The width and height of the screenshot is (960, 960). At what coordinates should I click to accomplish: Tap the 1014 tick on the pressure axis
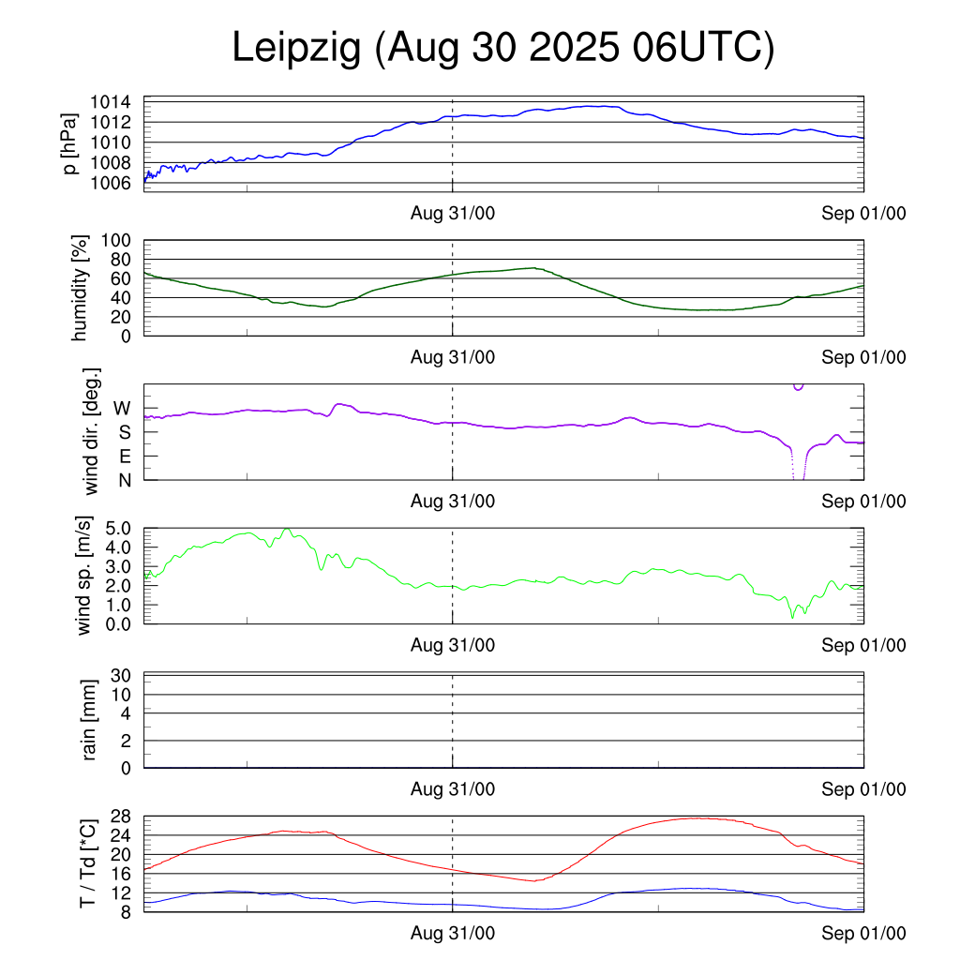point(115,102)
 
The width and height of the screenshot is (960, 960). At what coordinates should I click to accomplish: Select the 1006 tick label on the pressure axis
point(115,182)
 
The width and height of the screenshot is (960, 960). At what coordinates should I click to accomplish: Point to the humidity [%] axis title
point(82,288)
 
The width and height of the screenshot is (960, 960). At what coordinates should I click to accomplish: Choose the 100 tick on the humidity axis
point(121,240)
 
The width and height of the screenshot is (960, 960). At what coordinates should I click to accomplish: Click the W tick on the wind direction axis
point(122,408)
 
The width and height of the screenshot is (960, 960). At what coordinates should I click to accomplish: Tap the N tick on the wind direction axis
point(124,479)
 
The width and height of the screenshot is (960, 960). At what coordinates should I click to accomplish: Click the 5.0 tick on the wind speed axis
point(120,528)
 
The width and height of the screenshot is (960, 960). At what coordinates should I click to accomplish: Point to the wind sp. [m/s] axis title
point(85,575)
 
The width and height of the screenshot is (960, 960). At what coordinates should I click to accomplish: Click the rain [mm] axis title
point(89,721)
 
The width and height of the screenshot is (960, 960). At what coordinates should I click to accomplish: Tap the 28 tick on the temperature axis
point(123,816)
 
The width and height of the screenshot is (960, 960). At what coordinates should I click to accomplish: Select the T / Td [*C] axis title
point(87,862)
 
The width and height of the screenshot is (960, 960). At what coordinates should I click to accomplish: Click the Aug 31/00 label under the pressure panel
point(453,214)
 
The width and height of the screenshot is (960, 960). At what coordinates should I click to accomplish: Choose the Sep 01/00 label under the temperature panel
point(864,933)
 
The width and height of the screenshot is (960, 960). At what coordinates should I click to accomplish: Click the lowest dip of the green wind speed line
point(792,616)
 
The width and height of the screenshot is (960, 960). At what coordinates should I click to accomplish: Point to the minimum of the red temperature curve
point(533,880)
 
